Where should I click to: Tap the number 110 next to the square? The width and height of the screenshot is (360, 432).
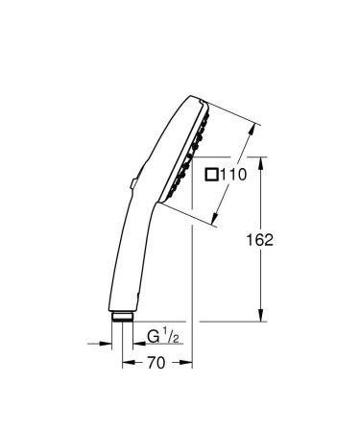point(235,174)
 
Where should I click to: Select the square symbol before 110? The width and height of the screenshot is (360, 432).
point(212,174)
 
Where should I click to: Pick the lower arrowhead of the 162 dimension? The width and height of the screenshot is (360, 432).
point(262,317)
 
